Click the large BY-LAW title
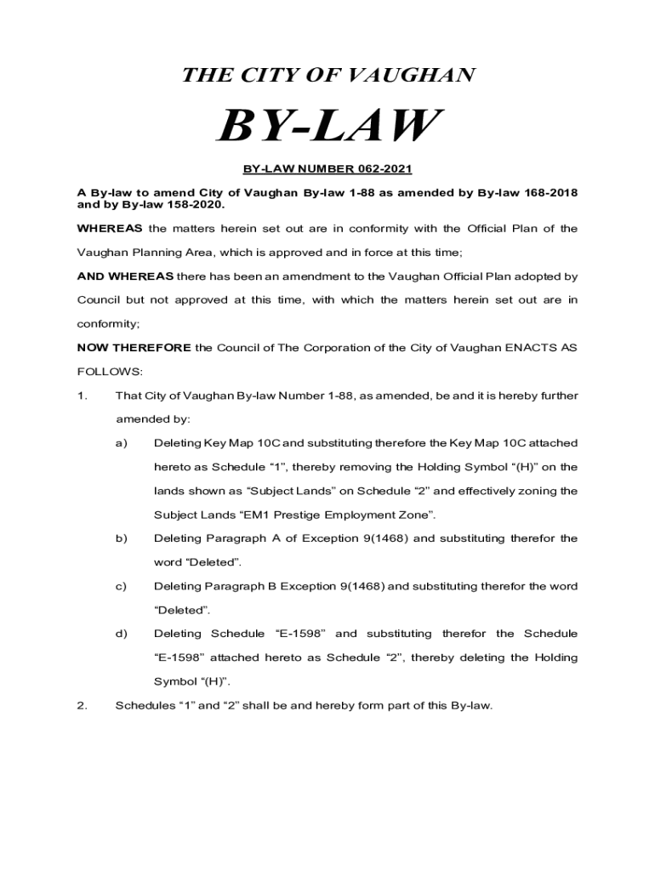point(327,128)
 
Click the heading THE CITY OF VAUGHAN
point(327,76)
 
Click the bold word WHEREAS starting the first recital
point(111,229)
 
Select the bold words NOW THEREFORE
point(134,348)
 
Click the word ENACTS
point(529,348)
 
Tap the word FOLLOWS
point(106,372)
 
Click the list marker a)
point(122,443)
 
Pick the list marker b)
point(122,538)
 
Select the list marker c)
point(122,586)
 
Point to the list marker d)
point(122,634)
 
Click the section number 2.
point(82,705)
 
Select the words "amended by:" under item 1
point(152,419)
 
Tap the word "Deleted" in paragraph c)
point(181,610)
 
